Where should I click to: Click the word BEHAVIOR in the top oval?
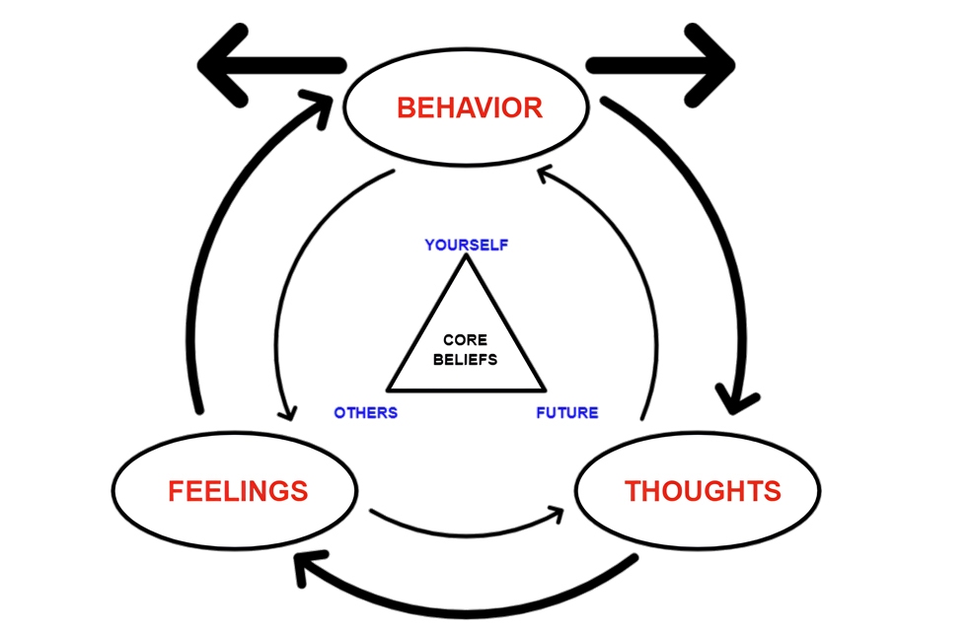[469, 107]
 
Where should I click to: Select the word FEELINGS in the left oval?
[238, 490]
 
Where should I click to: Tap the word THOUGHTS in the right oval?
[703, 490]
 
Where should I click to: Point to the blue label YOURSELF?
[467, 245]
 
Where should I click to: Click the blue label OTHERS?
[365, 412]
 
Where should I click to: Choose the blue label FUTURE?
[566, 412]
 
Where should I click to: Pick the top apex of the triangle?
[465, 258]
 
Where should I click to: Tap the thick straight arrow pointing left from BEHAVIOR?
[266, 65]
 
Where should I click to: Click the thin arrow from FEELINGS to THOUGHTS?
[464, 528]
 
